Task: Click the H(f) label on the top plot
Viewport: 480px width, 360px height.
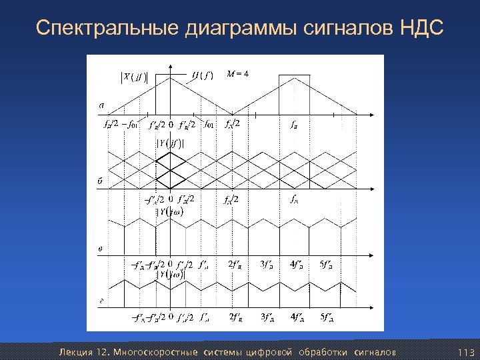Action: click(x=202, y=75)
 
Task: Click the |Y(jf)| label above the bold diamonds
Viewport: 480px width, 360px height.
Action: click(x=170, y=142)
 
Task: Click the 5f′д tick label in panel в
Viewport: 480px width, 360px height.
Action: click(x=327, y=264)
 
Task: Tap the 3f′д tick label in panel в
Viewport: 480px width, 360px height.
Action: click(x=267, y=264)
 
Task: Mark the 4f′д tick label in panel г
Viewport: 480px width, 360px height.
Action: click(x=297, y=316)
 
